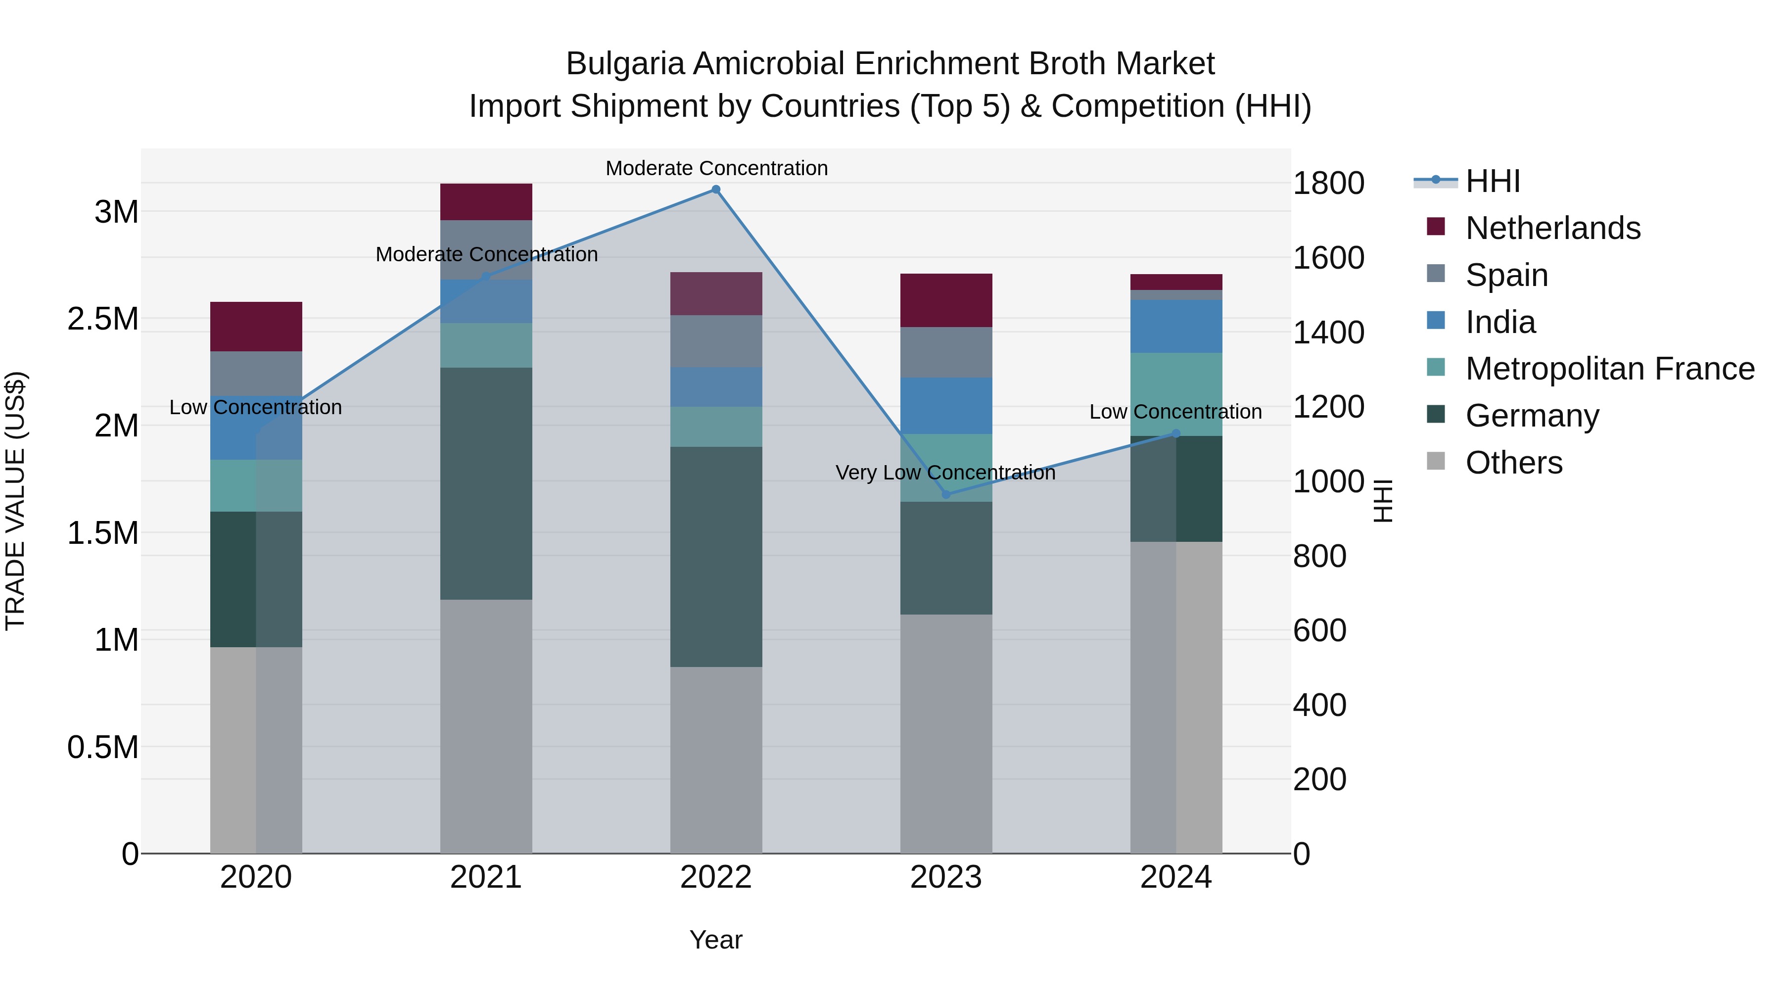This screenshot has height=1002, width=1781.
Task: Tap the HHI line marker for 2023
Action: (946, 494)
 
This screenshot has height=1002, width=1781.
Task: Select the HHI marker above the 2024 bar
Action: (1176, 433)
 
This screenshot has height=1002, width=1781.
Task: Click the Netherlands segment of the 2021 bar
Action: (486, 202)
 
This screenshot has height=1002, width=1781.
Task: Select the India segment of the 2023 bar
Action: (946, 406)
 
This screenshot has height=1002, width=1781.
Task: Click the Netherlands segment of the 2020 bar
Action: (256, 327)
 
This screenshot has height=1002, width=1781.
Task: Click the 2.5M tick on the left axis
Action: (103, 319)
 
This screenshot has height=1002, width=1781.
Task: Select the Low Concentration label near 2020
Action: (255, 407)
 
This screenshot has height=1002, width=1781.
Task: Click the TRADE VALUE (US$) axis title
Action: (15, 501)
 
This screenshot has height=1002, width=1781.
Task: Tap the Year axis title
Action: (715, 940)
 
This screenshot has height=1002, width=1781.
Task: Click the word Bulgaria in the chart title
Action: (625, 64)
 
